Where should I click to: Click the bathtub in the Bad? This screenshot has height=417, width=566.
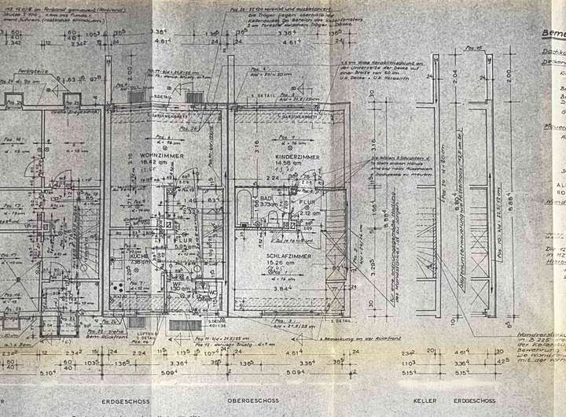click(244, 205)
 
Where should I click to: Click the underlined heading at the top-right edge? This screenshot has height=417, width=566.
click(553, 33)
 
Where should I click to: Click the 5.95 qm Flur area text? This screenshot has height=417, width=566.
click(183, 246)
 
